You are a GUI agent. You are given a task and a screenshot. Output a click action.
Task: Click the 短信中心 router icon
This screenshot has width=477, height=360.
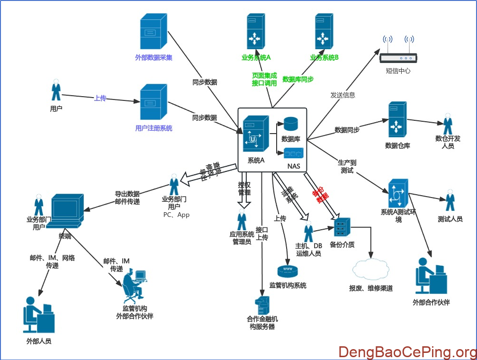[x=398, y=52]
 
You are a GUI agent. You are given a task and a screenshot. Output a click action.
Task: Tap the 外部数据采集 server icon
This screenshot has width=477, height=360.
[x=154, y=31]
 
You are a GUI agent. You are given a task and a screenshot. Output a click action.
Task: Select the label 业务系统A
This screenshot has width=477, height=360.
[x=256, y=58]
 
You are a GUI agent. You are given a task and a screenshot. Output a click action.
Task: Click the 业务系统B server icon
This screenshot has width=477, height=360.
[x=324, y=31]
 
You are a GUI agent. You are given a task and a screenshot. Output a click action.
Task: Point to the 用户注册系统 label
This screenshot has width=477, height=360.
[x=154, y=128]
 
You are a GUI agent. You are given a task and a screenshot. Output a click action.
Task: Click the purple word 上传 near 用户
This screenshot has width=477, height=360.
[x=100, y=98]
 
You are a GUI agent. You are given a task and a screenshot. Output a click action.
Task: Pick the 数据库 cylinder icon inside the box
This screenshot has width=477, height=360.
[x=290, y=125]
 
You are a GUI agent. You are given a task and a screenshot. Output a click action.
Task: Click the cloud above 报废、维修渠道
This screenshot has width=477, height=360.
[x=370, y=270]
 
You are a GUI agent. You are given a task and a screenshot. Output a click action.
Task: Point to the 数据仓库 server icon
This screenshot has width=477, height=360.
[x=397, y=119]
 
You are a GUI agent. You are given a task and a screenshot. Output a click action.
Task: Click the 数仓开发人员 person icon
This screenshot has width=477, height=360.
[x=448, y=124]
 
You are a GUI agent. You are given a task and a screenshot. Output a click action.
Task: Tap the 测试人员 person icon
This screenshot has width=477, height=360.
[x=450, y=201]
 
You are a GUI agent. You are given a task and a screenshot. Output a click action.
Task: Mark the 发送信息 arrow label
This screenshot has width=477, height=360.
[x=342, y=95]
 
